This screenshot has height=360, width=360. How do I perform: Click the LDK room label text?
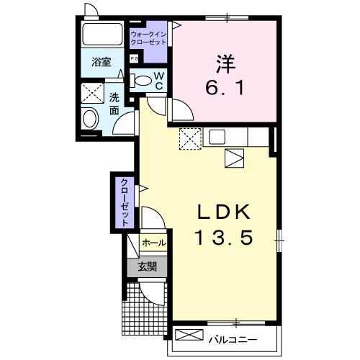(223, 212)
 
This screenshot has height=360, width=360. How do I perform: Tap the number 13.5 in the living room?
(223, 238)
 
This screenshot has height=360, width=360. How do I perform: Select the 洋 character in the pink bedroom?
(224, 63)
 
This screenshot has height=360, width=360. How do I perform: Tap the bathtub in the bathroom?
(102, 35)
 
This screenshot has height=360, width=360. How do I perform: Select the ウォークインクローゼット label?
(148, 37)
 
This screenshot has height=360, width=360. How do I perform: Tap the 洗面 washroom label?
(114, 104)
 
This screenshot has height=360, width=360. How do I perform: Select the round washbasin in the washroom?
(91, 119)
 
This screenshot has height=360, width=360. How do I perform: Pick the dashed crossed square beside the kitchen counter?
(190, 138)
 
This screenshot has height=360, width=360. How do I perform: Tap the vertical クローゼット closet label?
(125, 202)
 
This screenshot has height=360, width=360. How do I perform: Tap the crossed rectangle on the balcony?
(188, 336)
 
